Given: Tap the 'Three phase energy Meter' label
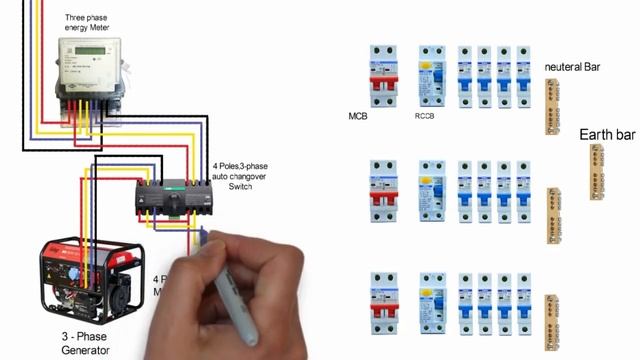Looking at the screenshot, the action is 87,23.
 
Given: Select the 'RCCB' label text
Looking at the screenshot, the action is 425,116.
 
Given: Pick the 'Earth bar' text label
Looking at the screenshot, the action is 606,133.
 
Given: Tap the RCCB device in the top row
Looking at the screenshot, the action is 432,76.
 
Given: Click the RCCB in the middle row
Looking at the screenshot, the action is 432,191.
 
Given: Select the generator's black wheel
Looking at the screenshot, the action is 121,297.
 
